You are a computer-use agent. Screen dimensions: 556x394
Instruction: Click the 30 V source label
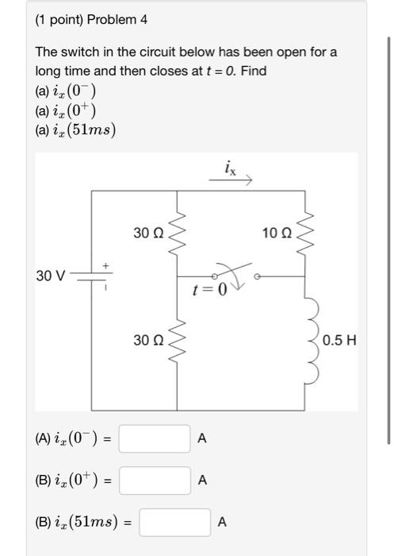pyautogui.click(x=51, y=276)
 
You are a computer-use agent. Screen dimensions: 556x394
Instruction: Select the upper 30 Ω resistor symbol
pyautogui.click(x=177, y=231)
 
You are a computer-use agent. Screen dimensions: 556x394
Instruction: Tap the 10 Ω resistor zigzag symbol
pyautogui.click(x=307, y=231)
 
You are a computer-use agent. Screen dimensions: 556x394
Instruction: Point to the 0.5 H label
pyautogui.click(x=340, y=341)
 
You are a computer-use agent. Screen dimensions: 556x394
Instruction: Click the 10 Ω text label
pyautogui.click(x=277, y=233)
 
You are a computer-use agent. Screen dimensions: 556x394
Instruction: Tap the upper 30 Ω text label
pyautogui.click(x=148, y=233)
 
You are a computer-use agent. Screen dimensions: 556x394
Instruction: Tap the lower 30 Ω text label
pyautogui.click(x=148, y=341)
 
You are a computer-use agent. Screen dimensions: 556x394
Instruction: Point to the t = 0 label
pyautogui.click(x=209, y=290)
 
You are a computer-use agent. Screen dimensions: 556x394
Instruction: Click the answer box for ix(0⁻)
pyautogui.click(x=155, y=438)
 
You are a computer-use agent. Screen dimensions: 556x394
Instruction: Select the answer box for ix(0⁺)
pyautogui.click(x=155, y=480)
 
